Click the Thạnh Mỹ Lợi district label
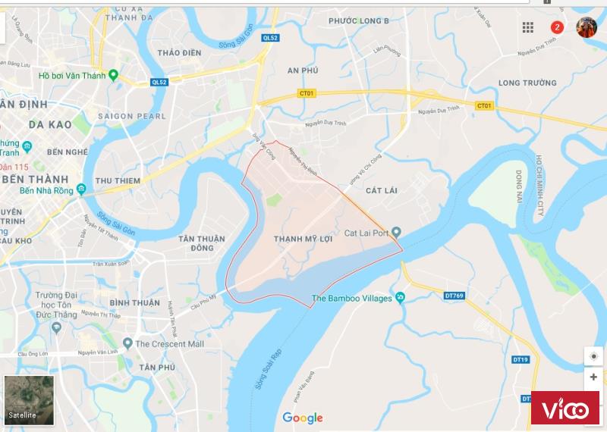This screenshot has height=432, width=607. (303, 238)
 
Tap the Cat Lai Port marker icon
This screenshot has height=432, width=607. (395, 233)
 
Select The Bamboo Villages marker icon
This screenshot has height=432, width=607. (400, 298)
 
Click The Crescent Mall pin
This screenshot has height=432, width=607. (128, 343)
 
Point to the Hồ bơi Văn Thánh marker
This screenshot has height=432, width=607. (113, 75)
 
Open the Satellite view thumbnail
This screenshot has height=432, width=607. (29, 400)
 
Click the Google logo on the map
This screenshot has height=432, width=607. (303, 418)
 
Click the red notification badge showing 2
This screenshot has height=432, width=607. (557, 27)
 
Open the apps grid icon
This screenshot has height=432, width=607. (528, 27)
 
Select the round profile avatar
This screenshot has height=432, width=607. (587, 27)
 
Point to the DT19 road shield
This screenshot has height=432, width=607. (520, 359)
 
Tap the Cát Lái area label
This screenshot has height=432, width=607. (381, 190)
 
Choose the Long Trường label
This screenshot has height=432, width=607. (527, 83)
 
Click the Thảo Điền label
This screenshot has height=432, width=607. (179, 52)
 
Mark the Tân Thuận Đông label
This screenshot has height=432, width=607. (202, 243)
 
